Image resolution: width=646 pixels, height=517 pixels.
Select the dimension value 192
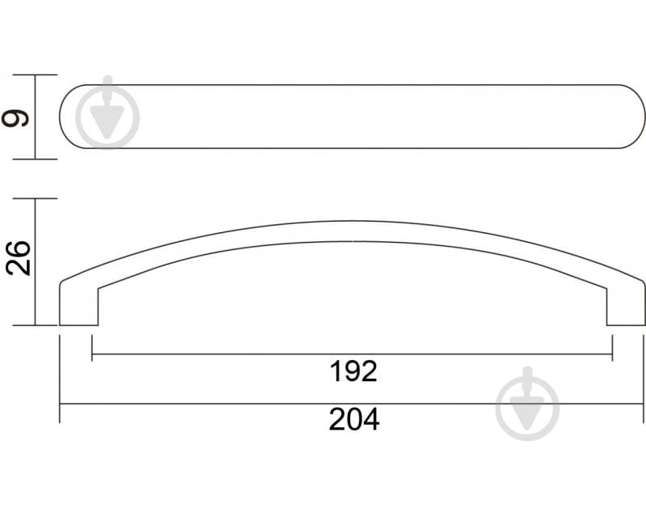[x=354, y=371]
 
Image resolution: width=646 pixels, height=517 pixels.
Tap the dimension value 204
[x=354, y=420]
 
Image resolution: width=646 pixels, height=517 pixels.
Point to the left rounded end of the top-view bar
[x=73, y=117]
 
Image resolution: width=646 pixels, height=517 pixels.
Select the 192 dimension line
[x=243, y=354]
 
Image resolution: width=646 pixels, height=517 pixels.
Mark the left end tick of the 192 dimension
[x=93, y=354]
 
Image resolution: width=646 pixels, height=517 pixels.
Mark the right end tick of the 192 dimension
[x=612, y=354]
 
